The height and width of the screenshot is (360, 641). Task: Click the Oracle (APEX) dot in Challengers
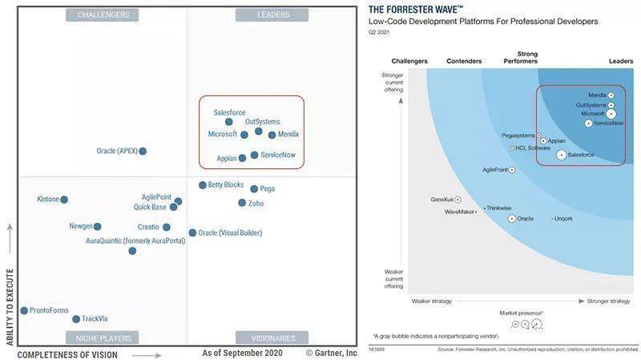143,151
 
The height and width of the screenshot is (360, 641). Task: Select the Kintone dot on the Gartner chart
64,200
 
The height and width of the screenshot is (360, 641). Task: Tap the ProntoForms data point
24,310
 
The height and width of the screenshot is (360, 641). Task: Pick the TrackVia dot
76,319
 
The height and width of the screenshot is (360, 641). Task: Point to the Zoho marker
242,203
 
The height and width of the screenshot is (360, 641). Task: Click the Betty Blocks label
226,185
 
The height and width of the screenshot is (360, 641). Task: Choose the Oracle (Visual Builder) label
230,233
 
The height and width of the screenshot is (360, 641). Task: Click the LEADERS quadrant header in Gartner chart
273,15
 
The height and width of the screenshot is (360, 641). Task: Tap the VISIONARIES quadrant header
272,338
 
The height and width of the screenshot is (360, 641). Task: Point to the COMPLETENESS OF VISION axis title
67,354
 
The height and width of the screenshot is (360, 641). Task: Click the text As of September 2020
243,353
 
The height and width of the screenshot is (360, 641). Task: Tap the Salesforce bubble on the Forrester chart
562,154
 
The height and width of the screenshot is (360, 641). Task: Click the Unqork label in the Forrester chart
564,218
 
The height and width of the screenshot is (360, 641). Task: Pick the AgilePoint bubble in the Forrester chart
512,170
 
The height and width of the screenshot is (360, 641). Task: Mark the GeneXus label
441,199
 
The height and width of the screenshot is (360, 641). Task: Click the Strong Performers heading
521,58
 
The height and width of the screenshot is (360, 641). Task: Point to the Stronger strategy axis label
608,301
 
